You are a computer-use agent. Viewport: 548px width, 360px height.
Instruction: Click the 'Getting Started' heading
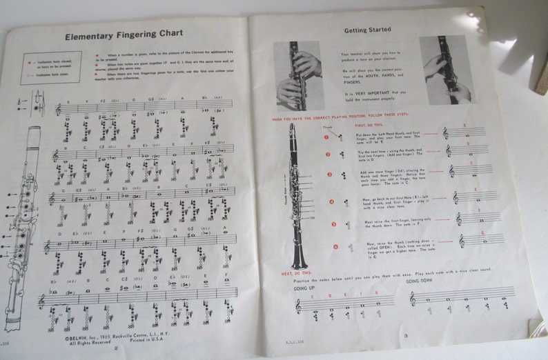click(x=368, y=30)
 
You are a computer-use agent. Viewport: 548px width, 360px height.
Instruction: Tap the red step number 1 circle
click(x=329, y=137)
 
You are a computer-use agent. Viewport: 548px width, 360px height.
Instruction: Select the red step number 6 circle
click(x=334, y=246)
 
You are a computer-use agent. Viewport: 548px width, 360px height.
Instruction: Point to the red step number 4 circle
click(x=332, y=203)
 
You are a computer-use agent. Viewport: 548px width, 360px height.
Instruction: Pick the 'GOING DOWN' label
click(x=420, y=281)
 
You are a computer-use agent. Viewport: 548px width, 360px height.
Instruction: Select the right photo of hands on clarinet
click(x=446, y=69)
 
